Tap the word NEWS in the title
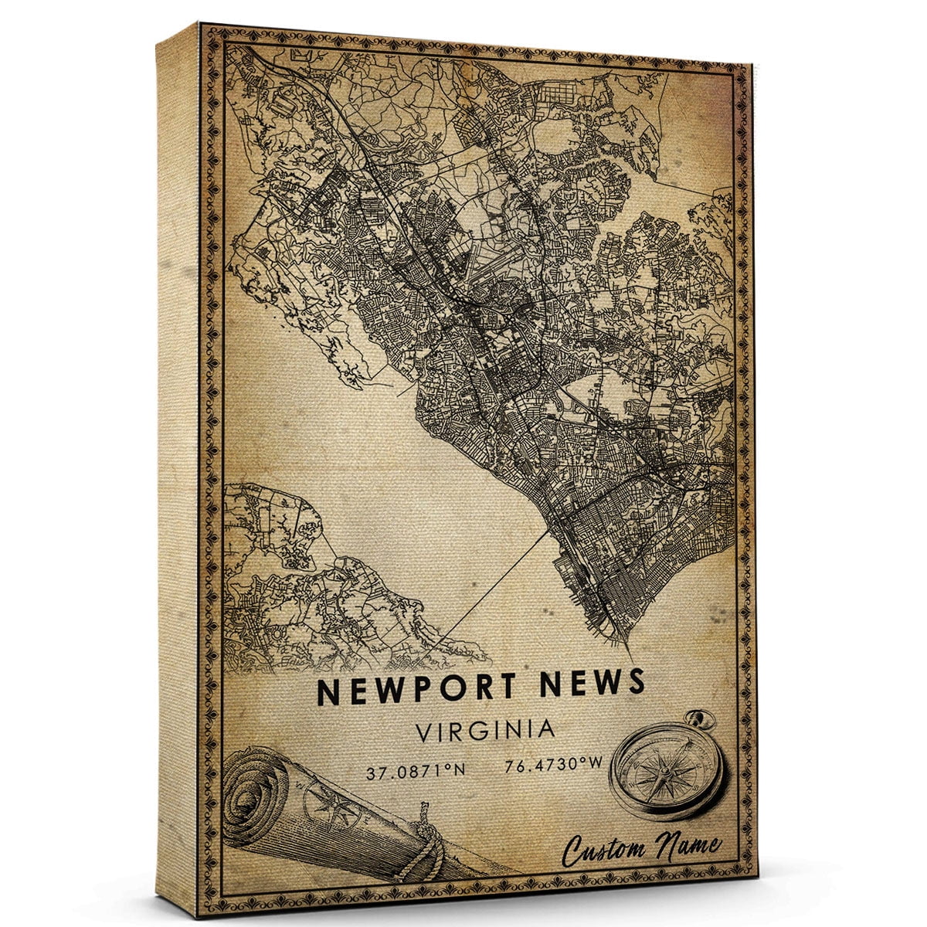point(590,684)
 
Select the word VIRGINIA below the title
point(484,730)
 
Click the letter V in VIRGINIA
point(422,731)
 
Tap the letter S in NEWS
point(634,682)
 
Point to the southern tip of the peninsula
point(618,641)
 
